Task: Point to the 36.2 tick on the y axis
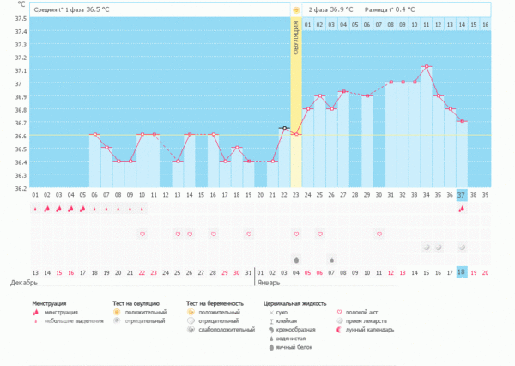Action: point(21,188)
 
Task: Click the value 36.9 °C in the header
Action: point(343,9)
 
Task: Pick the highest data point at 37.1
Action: point(426,66)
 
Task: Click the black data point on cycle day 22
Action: point(283,128)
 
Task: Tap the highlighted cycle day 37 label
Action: point(461,195)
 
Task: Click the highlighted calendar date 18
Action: point(461,271)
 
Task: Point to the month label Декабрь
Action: point(24,282)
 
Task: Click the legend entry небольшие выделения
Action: point(74,320)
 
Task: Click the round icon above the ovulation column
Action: point(295,9)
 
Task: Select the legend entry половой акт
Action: point(365,312)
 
